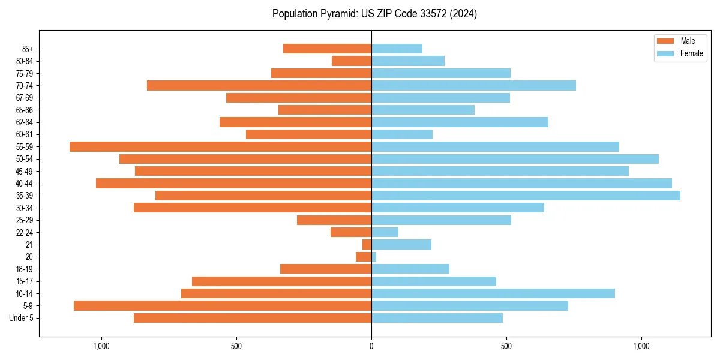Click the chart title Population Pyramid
374,14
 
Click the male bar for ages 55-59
220,146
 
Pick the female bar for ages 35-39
526,196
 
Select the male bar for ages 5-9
223,305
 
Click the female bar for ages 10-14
493,293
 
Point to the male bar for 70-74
259,85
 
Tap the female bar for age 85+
397,49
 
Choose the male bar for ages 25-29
334,220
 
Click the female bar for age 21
401,244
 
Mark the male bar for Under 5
253,318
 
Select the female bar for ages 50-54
515,159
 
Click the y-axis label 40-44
25,184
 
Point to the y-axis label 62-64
25,122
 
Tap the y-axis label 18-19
25,269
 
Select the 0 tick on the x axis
371,346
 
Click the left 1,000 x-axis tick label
101,346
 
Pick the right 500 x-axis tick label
506,346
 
